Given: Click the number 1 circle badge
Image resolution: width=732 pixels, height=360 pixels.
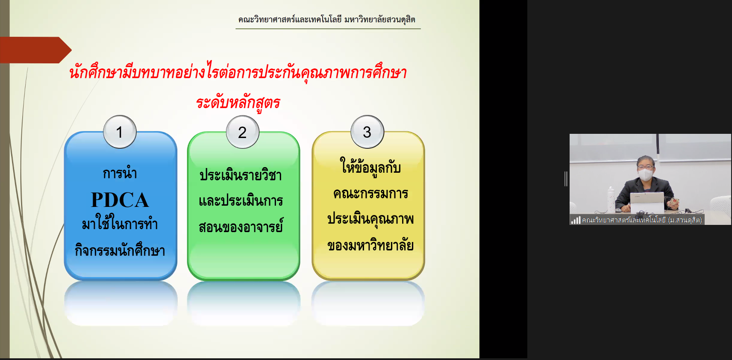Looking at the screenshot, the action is click(x=120, y=132).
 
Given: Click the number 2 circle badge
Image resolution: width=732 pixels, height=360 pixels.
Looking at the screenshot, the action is click(x=242, y=132).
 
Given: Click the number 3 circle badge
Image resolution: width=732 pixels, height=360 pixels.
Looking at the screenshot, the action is click(x=367, y=131).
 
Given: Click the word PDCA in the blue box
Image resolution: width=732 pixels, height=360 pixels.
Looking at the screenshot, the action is click(x=120, y=200).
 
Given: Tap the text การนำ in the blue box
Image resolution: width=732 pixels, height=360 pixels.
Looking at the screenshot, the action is click(x=120, y=173).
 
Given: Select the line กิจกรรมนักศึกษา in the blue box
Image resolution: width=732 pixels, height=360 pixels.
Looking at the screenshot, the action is click(x=120, y=250).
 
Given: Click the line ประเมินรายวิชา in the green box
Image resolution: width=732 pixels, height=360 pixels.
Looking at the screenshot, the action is click(x=241, y=174).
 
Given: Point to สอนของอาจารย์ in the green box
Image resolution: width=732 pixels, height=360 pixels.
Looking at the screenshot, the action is click(x=241, y=226).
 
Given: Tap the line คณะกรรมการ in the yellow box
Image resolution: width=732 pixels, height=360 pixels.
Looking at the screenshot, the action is click(x=370, y=193).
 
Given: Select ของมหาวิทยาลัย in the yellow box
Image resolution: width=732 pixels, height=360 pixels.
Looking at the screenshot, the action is click(x=370, y=245).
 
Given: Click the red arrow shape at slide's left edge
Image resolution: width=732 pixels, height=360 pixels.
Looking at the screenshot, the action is click(x=35, y=50).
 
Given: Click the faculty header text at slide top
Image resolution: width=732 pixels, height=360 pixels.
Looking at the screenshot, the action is click(x=327, y=20).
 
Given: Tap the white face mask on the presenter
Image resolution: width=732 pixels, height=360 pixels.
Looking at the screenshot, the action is click(x=645, y=174).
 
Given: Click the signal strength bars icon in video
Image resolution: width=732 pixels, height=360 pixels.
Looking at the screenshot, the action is click(x=576, y=220).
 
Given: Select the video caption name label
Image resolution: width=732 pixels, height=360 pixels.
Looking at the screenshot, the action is click(x=642, y=220).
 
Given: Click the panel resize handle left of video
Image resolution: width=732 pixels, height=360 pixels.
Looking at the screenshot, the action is click(x=566, y=179).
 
